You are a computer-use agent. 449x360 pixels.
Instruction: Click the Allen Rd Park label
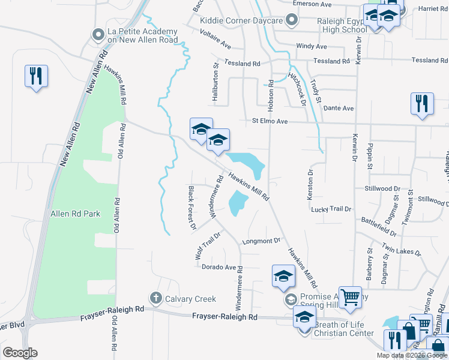coord(75,214)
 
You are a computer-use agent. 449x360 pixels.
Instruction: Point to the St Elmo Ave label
coord(270,122)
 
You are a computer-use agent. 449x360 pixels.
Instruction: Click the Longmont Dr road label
coord(261,241)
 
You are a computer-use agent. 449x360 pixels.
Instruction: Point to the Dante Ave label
coord(339,108)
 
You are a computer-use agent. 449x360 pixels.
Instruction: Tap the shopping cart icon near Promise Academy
coord(350,297)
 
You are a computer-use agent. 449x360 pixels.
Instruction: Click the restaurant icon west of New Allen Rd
coord(36,76)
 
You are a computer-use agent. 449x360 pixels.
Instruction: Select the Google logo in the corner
coord(20,353)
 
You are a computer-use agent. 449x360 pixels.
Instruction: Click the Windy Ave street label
coord(311,46)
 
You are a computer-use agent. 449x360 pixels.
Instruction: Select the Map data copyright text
coord(412,355)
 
